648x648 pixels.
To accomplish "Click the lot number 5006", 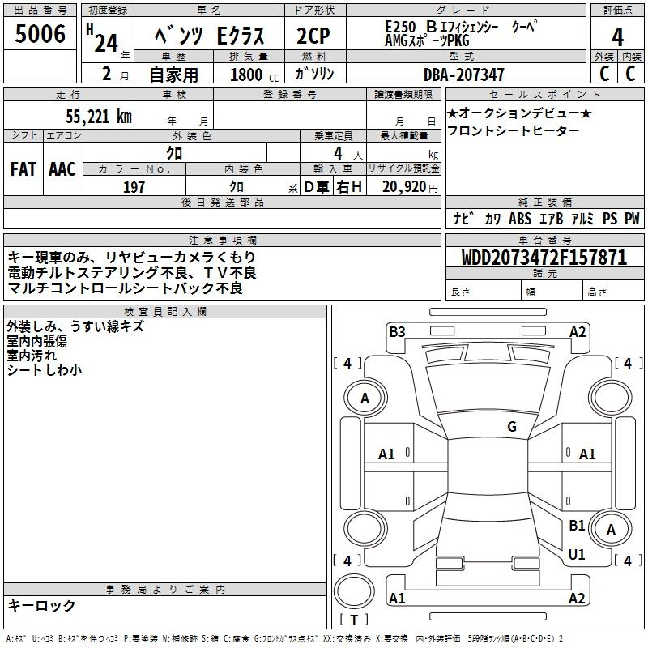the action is coord(40,34).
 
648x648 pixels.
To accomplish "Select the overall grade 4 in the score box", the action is coord(617,37).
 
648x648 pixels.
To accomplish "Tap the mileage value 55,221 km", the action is coord(98,116).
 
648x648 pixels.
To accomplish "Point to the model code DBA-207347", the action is coord(463,75).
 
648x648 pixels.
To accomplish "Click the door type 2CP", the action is coord(313,36).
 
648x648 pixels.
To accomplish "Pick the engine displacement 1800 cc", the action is coord(254,75).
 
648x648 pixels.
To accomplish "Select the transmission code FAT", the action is coord(23,169).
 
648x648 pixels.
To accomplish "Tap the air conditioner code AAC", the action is coord(62,169).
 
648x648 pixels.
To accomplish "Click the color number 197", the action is coord(134,187).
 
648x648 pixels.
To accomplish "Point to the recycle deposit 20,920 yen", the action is coord(410,187).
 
